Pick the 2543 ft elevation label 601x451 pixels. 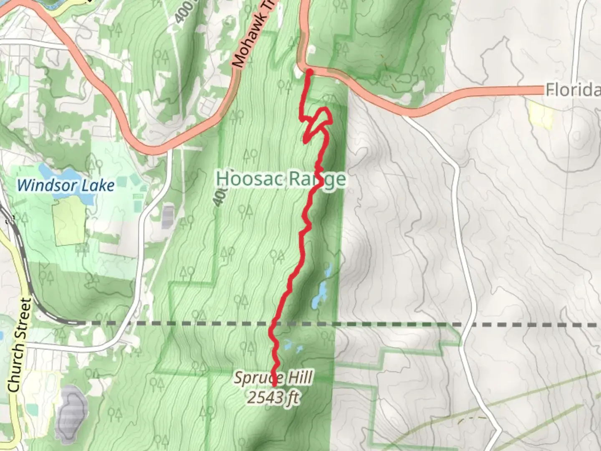(273, 398)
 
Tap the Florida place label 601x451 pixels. (573, 90)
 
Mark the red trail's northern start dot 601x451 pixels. (310, 72)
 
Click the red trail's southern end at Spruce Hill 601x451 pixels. (274, 383)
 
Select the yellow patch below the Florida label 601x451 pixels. (541, 115)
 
